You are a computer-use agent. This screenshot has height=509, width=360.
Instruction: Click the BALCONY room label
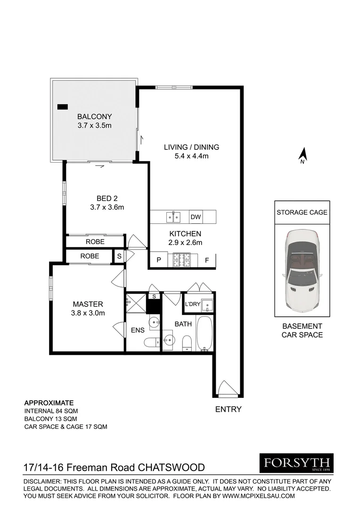95,117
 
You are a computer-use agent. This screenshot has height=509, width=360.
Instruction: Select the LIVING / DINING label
191,147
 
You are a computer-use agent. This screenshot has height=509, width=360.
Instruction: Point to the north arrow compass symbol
303,155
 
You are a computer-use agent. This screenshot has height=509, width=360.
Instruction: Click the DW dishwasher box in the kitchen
195,217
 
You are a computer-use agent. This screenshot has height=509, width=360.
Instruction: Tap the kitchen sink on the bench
173,217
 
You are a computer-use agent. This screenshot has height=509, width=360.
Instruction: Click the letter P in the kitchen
158,260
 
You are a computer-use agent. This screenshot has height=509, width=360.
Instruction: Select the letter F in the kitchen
206,260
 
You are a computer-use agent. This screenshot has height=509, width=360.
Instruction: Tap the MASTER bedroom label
88,304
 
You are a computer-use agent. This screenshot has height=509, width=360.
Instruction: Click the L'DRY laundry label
193,304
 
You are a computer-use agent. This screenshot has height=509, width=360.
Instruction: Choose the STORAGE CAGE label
301,212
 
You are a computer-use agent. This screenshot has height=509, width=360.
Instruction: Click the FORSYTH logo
296,463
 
